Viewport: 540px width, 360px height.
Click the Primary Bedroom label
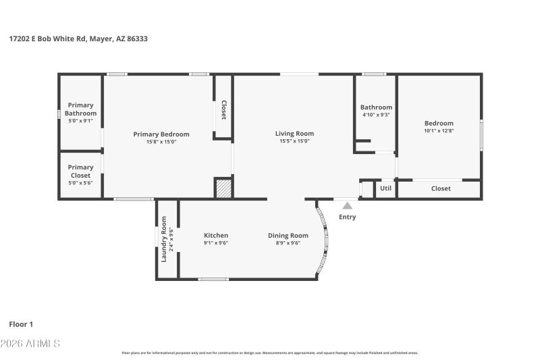pyautogui.click(x=161, y=134)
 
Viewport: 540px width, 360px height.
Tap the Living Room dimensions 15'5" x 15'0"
pyautogui.click(x=294, y=141)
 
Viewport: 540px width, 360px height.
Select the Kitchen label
pyautogui.click(x=216, y=235)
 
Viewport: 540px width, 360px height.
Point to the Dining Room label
pyautogui.click(x=288, y=235)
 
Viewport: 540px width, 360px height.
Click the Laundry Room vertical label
pyautogui.click(x=164, y=238)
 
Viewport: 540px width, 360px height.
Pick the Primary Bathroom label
pyautogui.click(x=80, y=109)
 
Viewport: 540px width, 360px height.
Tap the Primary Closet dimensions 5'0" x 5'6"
pyautogui.click(x=80, y=183)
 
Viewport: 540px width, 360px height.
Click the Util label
pyautogui.click(x=385, y=188)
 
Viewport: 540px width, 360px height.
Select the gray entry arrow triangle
pyautogui.click(x=347, y=205)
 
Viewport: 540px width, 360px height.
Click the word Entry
pyautogui.click(x=347, y=217)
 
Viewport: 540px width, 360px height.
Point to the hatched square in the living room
pyautogui.click(x=223, y=188)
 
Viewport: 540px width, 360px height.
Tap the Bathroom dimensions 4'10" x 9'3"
pyautogui.click(x=376, y=115)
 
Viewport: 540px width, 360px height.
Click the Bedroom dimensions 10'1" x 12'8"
pyautogui.click(x=439, y=130)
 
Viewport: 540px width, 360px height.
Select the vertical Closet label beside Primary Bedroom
pyautogui.click(x=223, y=111)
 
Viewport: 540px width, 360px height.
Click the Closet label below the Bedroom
pyautogui.click(x=441, y=188)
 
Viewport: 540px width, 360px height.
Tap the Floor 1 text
pyautogui.click(x=21, y=324)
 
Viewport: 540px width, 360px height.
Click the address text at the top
pyautogui.click(x=78, y=39)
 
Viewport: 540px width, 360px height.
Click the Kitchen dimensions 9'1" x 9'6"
pyautogui.click(x=216, y=242)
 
